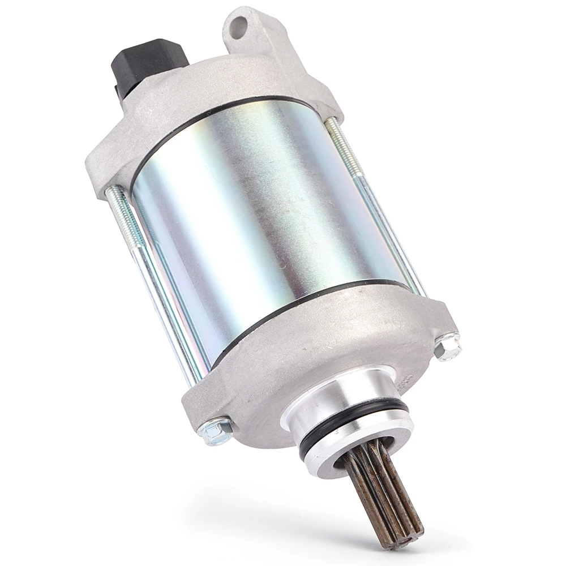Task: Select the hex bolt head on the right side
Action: pyautogui.click(x=448, y=346)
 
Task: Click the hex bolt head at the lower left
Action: pyautogui.click(x=217, y=432)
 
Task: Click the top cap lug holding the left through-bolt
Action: pyautogui.click(x=105, y=170)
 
